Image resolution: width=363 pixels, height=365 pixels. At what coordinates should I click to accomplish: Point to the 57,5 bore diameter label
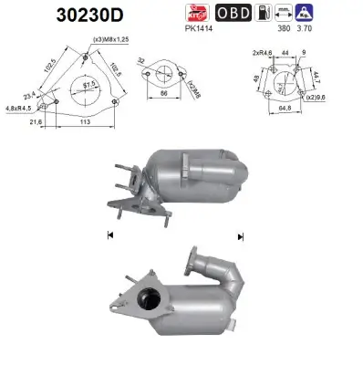(x=89, y=85)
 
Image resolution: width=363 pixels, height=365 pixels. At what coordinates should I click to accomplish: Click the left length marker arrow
(x=110, y=235)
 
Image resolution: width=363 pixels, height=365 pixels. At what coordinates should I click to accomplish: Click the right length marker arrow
(x=240, y=235)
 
